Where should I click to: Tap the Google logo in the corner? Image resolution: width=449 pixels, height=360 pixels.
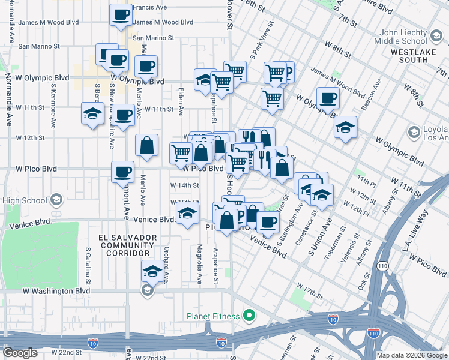[20, 353]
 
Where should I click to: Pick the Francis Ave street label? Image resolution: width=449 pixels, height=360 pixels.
[150, 7]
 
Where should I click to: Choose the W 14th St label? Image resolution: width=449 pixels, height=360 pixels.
[185, 185]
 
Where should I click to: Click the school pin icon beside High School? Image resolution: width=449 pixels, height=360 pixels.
[56, 200]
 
